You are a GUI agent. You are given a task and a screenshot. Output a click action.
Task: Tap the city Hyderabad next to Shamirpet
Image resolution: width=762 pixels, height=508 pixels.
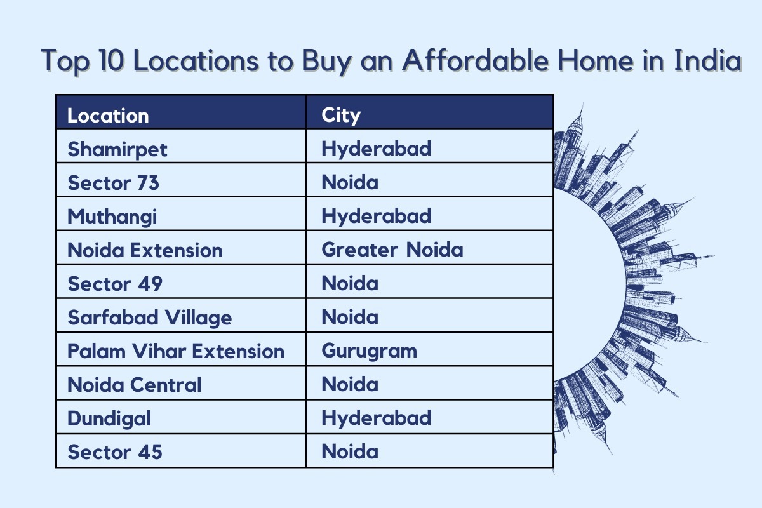(x=376, y=149)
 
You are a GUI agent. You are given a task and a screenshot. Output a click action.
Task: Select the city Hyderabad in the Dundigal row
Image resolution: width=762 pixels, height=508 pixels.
(x=376, y=418)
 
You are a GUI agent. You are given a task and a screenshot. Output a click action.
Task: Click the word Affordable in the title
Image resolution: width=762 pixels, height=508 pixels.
(x=475, y=60)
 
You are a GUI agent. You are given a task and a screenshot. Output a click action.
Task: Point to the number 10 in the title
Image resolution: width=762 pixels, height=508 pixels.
(x=111, y=61)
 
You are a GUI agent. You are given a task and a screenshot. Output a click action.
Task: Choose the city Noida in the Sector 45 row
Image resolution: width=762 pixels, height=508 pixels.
(x=350, y=452)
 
